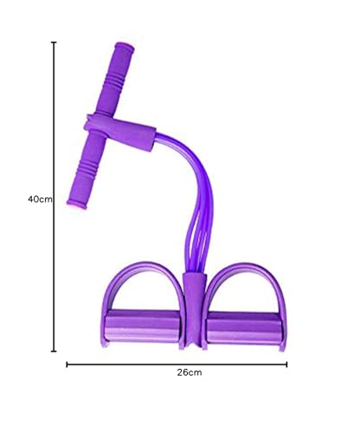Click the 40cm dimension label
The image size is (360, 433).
(40, 199)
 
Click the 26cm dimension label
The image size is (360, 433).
(190, 372)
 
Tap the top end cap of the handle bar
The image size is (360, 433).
(125, 47)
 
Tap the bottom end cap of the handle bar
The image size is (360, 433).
(76, 204)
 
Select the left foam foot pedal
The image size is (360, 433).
(143, 326)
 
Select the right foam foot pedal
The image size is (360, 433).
(244, 327)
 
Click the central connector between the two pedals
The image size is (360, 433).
(195, 310)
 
